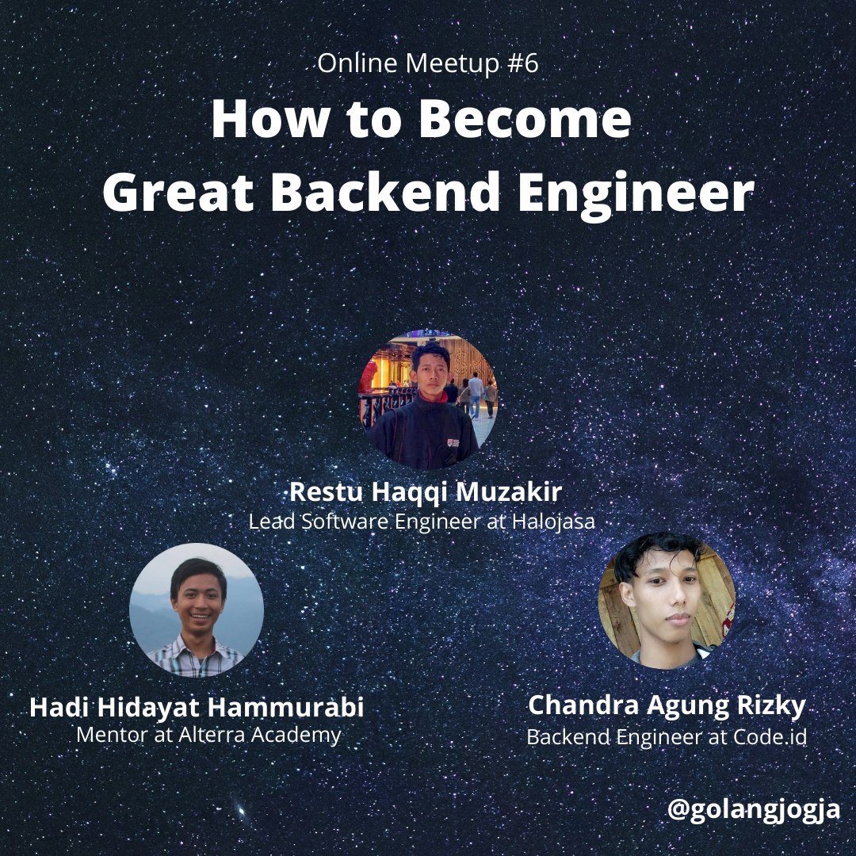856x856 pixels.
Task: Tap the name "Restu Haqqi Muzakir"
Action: (426, 492)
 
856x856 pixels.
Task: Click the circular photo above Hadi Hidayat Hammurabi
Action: (197, 610)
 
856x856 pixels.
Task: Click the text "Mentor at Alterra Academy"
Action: (208, 735)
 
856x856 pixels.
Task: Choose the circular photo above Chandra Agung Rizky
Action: (667, 600)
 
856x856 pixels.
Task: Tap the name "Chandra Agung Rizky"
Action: (667, 705)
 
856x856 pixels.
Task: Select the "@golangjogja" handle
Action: (753, 811)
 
